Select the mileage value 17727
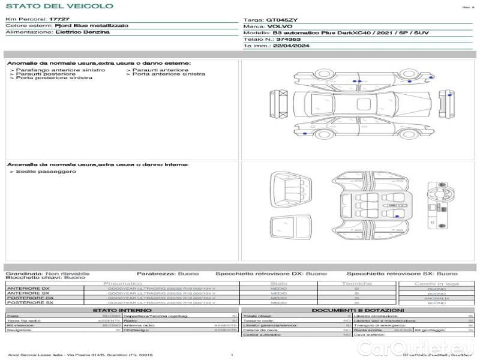pyautogui.click(x=58, y=20)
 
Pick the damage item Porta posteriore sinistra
pyautogui.click(x=54, y=79)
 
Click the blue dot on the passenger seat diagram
pyautogui.click(x=397, y=215)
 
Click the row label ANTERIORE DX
pyautogui.click(x=28, y=289)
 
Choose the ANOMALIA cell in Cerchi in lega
pyautogui.click(x=436, y=298)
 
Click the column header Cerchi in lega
pyautogui.click(x=436, y=283)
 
